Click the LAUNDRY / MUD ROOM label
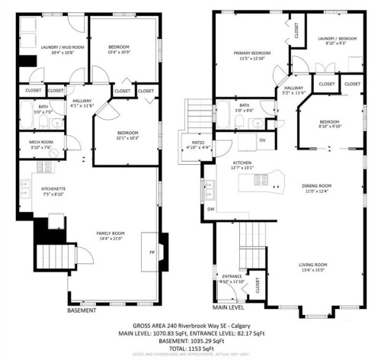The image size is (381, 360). tap(52, 47)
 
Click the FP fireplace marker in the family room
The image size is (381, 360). tap(152, 252)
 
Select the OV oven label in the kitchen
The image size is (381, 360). tap(262, 140)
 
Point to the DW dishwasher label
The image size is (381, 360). tap(211, 208)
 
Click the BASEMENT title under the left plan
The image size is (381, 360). tap(82, 310)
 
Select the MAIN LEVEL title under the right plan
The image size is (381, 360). tap(229, 307)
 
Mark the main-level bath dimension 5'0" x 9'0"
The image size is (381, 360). tap(244, 111)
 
